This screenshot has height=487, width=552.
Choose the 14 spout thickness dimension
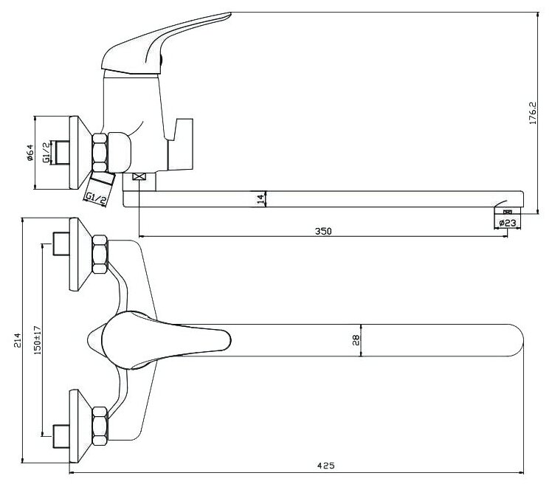click(x=259, y=198)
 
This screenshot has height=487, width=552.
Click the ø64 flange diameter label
click(x=29, y=153)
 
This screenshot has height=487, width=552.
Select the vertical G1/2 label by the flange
click(x=46, y=153)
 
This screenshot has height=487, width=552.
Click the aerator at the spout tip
click(x=507, y=211)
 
